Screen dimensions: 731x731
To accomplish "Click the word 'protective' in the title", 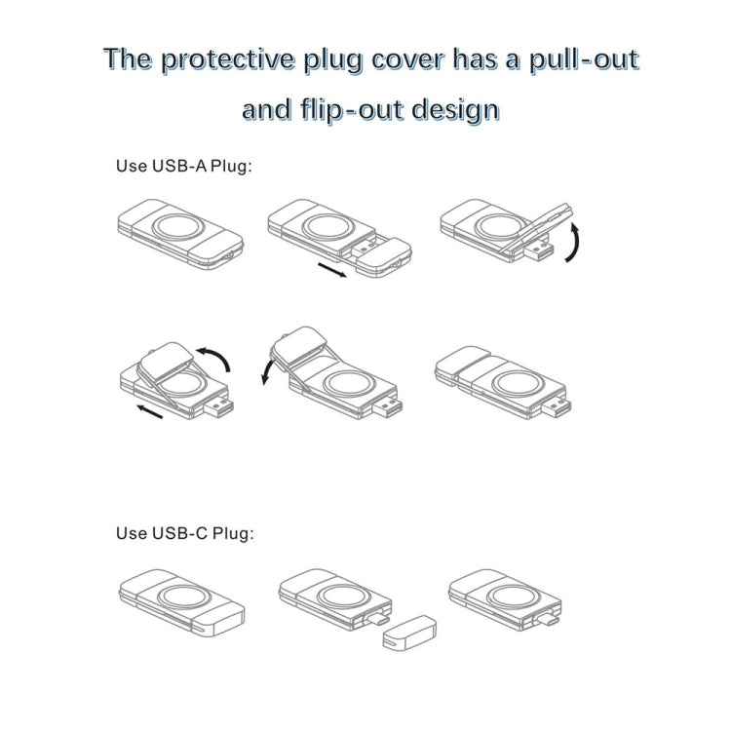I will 218,60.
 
